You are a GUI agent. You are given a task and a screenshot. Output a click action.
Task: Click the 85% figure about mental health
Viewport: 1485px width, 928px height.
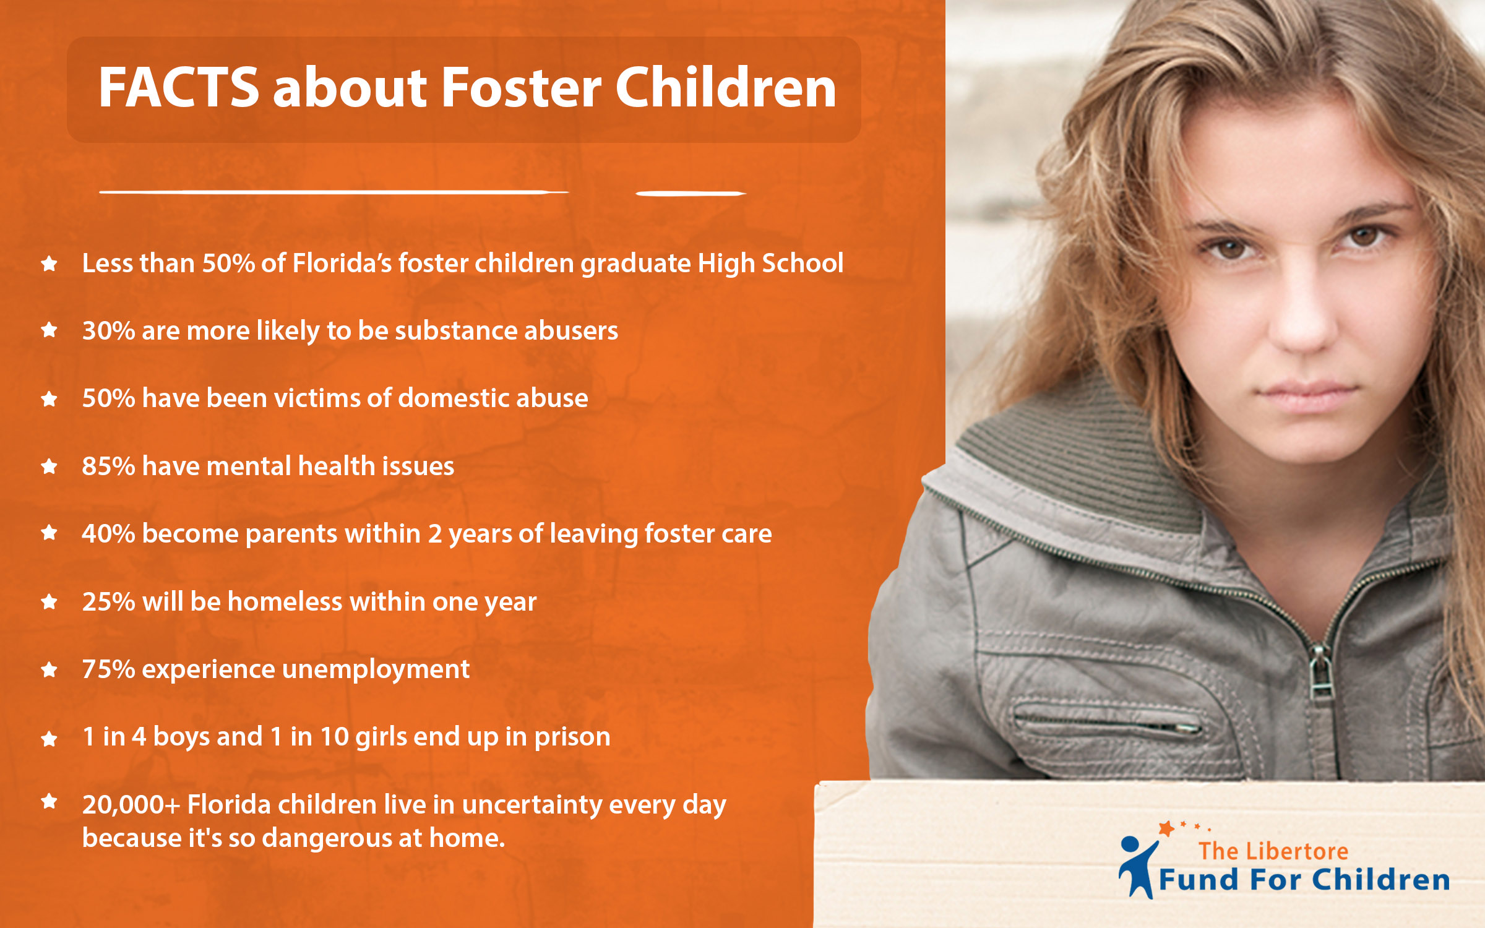[108, 466]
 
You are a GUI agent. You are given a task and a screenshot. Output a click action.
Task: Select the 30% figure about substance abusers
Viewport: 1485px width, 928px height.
[108, 330]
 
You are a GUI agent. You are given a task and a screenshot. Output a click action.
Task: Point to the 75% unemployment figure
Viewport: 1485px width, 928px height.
[108, 669]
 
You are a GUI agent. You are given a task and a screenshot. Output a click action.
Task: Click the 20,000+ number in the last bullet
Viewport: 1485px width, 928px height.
[131, 805]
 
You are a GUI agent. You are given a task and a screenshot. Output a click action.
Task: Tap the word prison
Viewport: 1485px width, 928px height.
[572, 737]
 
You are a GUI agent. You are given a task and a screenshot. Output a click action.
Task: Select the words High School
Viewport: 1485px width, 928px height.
[771, 264]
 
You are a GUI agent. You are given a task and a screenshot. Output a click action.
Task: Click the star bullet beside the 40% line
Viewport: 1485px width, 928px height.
[49, 533]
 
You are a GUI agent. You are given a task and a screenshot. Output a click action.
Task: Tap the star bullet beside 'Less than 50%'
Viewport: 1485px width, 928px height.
[49, 264]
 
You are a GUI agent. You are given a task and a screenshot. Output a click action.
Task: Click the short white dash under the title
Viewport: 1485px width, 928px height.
[691, 194]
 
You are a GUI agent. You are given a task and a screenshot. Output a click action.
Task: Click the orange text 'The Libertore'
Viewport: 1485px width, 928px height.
[1273, 851]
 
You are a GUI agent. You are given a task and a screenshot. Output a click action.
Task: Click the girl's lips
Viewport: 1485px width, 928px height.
[1306, 396]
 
